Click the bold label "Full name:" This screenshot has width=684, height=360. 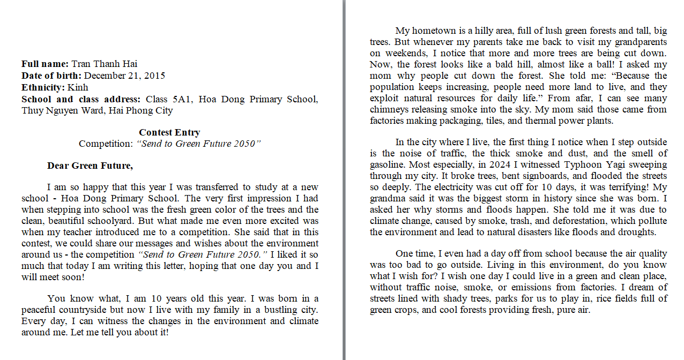(x=45, y=64)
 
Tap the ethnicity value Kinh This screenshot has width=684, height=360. (x=78, y=87)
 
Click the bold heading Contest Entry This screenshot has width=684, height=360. (x=169, y=132)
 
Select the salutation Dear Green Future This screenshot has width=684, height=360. (x=90, y=166)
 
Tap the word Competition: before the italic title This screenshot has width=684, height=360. (x=105, y=144)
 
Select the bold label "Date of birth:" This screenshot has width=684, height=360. (x=51, y=76)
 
